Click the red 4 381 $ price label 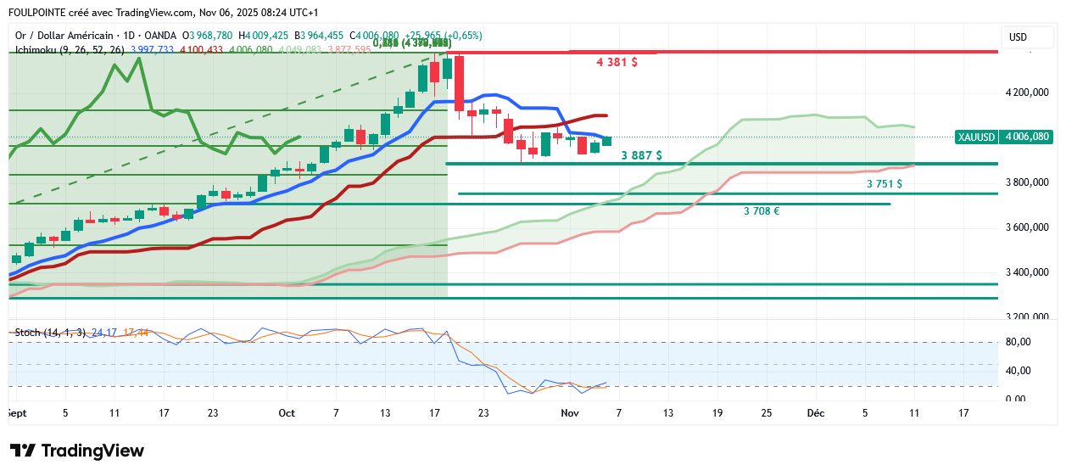[x=617, y=63]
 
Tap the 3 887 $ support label [x=641, y=155]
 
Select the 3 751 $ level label [x=884, y=183]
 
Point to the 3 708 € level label [x=762, y=210]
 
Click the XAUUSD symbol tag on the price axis [x=975, y=137]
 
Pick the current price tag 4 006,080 [x=1027, y=137]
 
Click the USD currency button [x=1017, y=37]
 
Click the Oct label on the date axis [x=287, y=413]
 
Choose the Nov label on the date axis [x=569, y=413]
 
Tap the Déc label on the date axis [x=815, y=413]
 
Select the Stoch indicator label [x=28, y=332]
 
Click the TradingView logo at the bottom [x=77, y=451]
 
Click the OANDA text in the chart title [x=160, y=36]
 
